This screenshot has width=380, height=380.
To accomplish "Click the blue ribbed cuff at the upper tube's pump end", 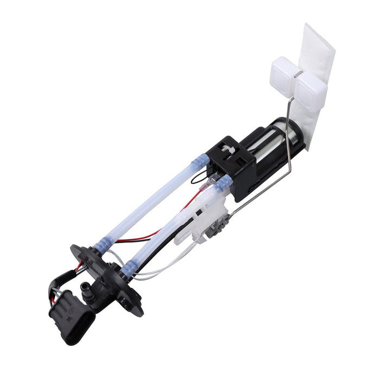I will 199,161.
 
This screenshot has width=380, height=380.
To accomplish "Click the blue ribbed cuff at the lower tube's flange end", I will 128,268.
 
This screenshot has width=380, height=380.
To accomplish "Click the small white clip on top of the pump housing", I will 226,148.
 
